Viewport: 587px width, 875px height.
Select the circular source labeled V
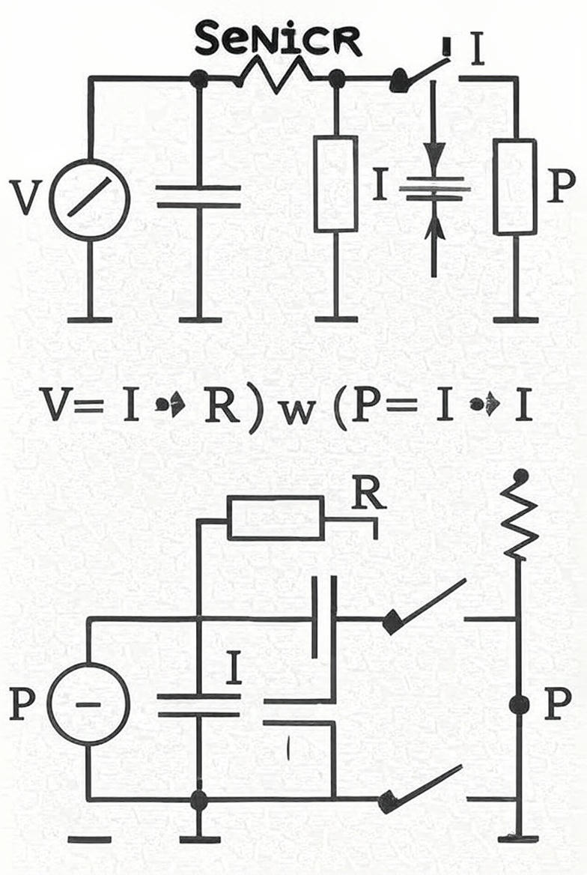[89, 199]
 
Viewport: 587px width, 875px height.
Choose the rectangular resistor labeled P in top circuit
[515, 186]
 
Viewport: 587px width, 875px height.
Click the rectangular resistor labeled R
[276, 518]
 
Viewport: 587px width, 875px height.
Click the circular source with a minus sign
[89, 703]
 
